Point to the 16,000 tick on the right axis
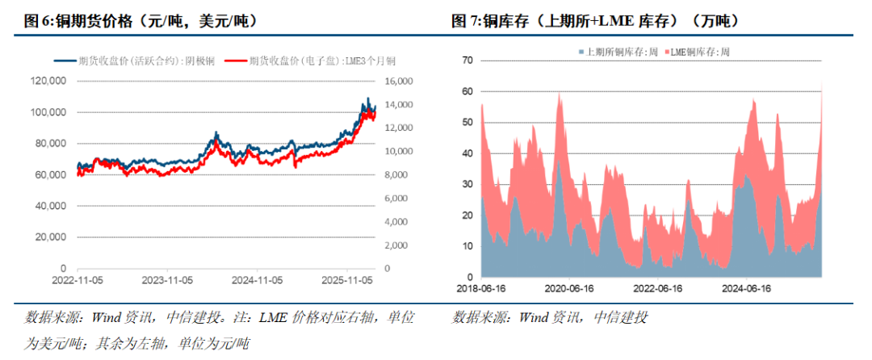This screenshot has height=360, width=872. [400, 82]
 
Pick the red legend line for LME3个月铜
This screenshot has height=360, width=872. [236, 61]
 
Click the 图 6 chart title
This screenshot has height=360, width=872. [137, 21]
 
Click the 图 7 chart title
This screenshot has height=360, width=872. [595, 21]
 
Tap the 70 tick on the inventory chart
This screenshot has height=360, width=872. [467, 61]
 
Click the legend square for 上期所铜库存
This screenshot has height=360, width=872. [581, 52]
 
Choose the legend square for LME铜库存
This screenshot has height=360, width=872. [667, 52]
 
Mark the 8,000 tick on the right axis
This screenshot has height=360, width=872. [400, 175]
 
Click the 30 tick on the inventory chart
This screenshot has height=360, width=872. [467, 185]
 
